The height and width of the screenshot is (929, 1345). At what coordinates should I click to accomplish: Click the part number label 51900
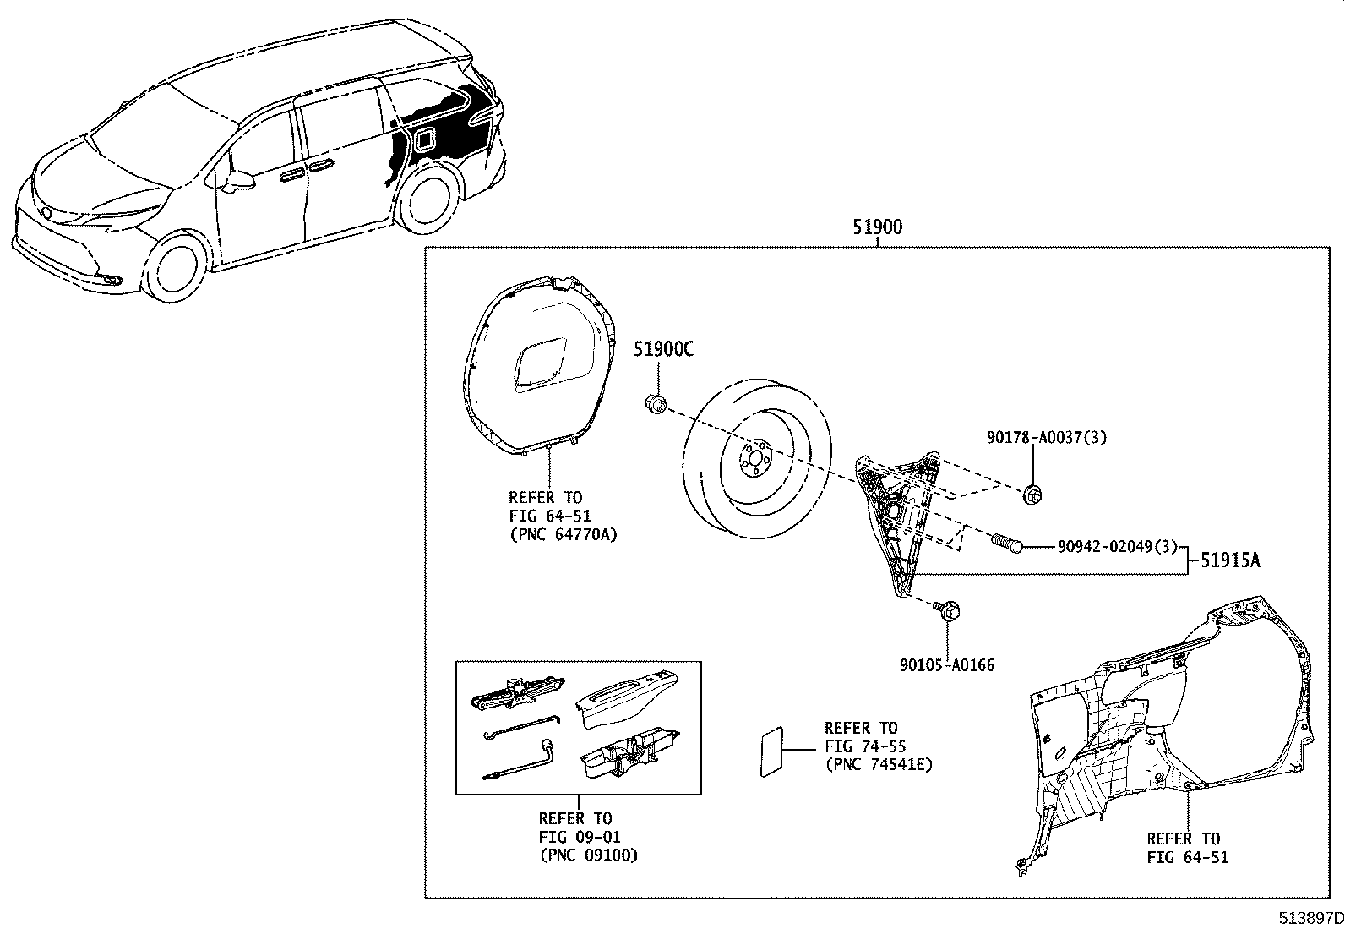coord(878,227)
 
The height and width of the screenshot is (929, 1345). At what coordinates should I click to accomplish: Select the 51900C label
coord(664,349)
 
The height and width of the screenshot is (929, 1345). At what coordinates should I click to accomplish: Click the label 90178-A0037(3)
coord(1046,437)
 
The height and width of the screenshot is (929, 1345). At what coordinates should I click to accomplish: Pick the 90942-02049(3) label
coord(1117,547)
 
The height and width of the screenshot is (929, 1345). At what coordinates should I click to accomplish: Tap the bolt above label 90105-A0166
coord(946,609)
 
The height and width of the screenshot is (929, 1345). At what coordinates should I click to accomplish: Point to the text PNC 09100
coord(588,855)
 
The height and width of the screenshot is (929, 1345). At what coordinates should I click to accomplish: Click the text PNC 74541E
coord(879,765)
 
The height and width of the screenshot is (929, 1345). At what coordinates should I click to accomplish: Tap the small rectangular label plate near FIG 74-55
coord(771,749)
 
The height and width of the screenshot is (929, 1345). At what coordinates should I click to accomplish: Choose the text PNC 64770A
coord(563,535)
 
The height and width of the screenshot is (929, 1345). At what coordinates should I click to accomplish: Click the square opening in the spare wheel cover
coord(541,363)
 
